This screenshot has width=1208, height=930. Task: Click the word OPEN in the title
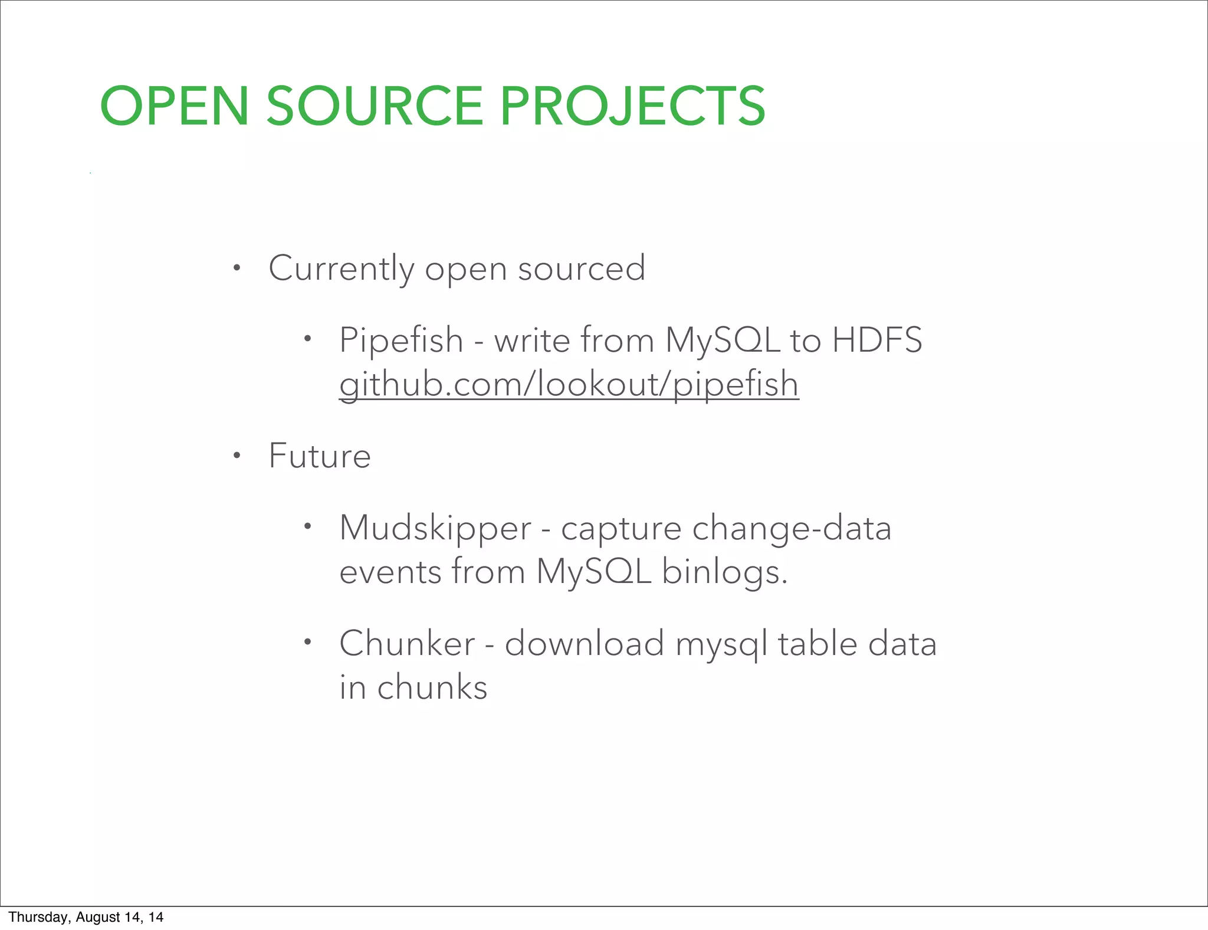[174, 106]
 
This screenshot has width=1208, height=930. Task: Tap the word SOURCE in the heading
[375, 106]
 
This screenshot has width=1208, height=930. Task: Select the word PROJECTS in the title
[632, 106]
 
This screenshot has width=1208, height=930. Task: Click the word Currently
[342, 268]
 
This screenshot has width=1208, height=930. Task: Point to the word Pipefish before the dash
[401, 340]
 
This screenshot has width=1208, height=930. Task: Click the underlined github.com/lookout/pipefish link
[569, 384]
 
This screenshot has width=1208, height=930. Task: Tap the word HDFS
[877, 340]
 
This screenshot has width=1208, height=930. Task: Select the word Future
[319, 456]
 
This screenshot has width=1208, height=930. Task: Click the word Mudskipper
[435, 528]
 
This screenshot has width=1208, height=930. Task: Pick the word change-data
[791, 528]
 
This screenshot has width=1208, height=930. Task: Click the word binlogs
[724, 572]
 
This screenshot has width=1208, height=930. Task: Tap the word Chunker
[407, 643]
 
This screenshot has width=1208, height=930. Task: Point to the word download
[584, 643]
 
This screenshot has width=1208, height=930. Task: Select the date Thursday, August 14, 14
[86, 917]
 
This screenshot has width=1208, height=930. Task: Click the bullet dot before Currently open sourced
[237, 269]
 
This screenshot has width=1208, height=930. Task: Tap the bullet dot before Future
[237, 456]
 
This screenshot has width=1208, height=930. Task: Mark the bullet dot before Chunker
[307, 642]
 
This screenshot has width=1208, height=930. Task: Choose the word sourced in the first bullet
[581, 268]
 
